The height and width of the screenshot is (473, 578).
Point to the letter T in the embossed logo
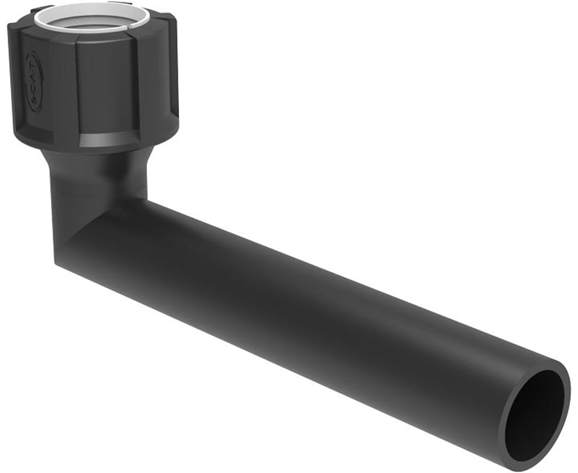(x=31, y=60)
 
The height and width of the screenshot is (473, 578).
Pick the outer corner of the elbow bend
(x=60, y=258)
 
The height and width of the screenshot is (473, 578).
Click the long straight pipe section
(x=310, y=306)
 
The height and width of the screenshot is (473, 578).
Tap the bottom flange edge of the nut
(x=96, y=148)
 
